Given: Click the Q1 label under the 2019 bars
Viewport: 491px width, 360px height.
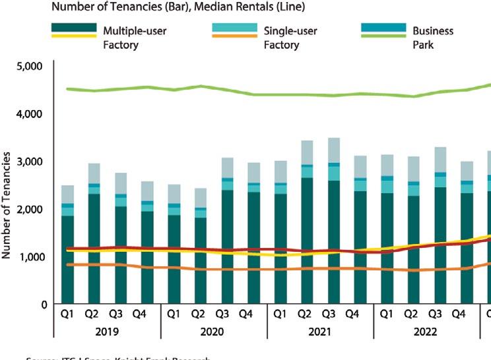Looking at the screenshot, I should click(67, 313).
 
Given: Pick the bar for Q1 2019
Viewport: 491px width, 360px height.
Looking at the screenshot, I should click(67, 245).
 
